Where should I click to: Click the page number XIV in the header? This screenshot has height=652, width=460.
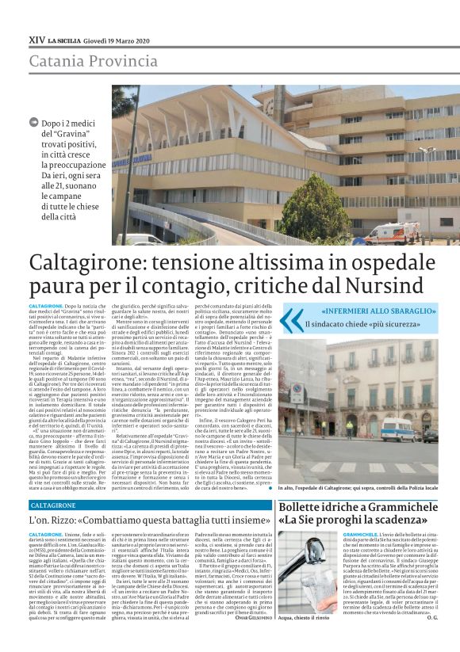pyautogui.click(x=36, y=39)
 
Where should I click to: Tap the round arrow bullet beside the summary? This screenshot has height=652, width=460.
pyautogui.click(x=33, y=122)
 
